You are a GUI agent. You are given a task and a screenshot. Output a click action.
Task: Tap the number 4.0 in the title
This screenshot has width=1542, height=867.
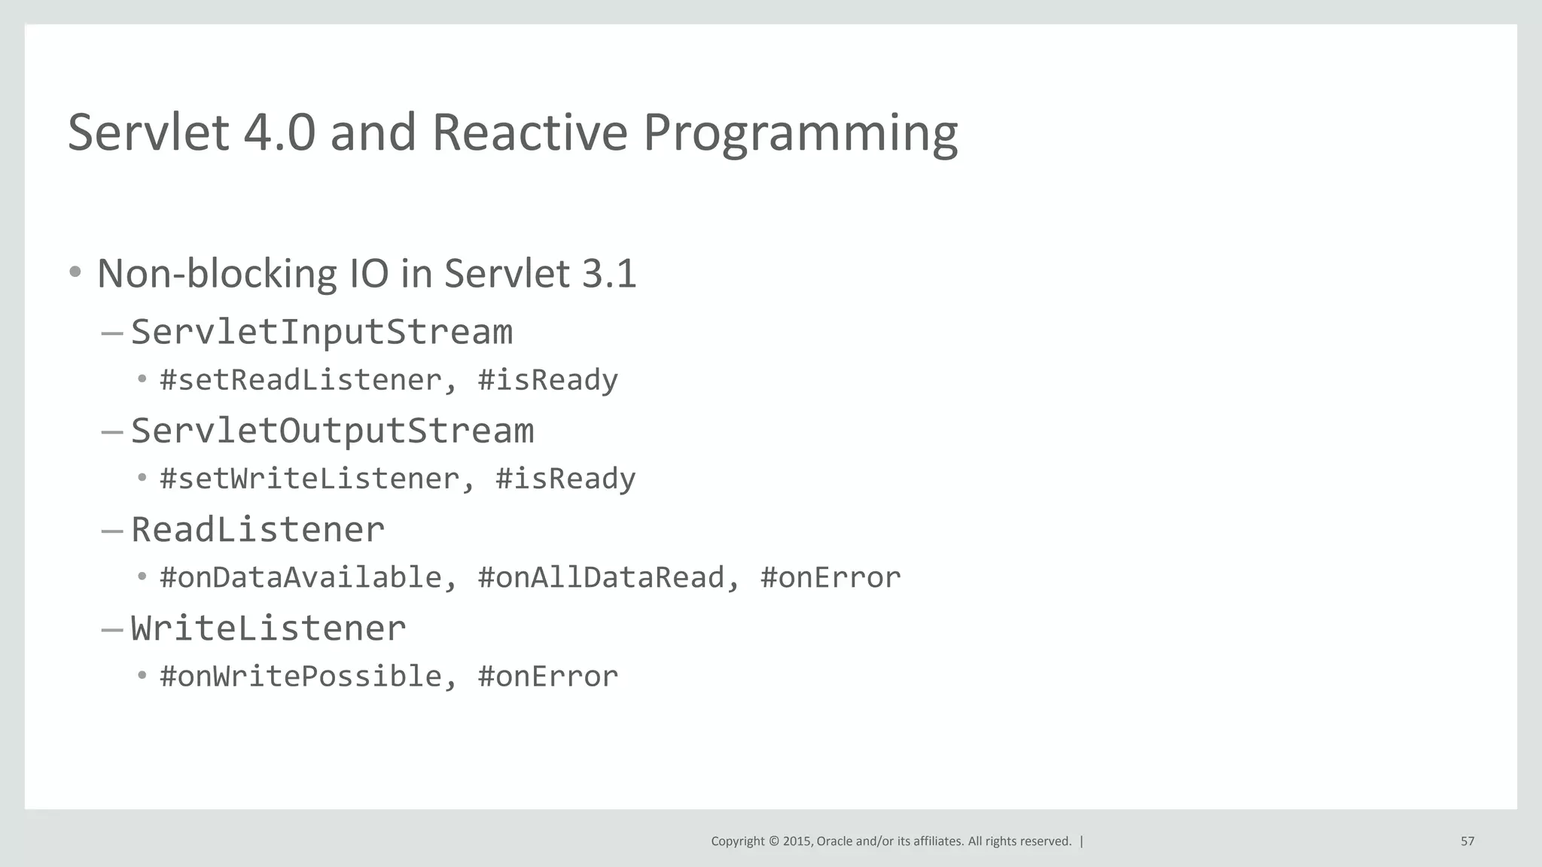point(279,132)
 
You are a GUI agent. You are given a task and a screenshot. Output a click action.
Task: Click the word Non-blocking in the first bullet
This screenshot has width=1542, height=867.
point(216,273)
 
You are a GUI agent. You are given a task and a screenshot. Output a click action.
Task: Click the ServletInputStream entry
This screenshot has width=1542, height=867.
point(322,332)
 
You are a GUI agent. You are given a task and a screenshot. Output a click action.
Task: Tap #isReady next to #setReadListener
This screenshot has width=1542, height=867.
point(547,380)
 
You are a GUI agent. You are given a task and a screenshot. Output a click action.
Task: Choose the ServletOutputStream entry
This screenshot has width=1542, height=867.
point(332,430)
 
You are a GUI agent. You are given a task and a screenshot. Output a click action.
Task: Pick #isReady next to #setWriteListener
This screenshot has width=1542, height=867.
point(565,479)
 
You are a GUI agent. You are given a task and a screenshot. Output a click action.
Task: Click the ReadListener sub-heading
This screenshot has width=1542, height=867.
point(258,529)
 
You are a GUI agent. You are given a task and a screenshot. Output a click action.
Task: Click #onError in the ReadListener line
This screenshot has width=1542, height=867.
point(830,577)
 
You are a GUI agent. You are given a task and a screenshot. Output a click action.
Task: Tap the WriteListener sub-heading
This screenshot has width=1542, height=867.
point(268,628)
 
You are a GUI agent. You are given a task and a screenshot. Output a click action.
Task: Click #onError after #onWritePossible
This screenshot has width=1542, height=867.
point(547,676)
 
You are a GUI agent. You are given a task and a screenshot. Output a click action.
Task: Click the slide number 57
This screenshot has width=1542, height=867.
point(1467,841)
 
